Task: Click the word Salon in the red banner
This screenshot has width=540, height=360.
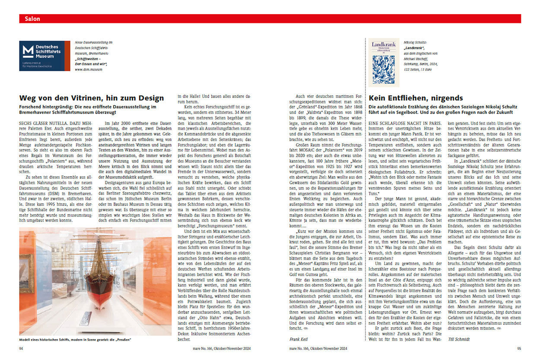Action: click(33, 19)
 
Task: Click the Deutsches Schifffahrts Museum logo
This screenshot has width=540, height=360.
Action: click(44, 56)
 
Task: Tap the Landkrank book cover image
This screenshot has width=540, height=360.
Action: click(384, 62)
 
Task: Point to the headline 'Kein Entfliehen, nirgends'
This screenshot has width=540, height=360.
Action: click(416, 98)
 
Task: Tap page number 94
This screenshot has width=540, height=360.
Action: click(22, 348)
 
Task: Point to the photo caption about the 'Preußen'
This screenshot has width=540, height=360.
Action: click(75, 339)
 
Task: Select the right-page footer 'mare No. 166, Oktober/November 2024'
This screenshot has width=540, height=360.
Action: click(318, 348)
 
